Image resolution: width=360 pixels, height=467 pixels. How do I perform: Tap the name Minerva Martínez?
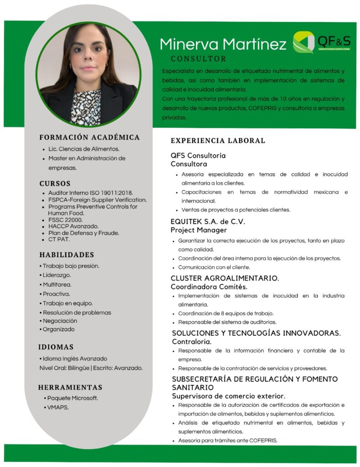point(223,44)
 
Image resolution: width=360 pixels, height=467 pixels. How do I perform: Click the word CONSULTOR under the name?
point(198,59)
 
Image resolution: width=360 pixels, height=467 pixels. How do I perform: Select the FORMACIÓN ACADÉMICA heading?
point(89,137)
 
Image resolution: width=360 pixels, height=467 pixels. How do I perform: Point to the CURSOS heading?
point(55,184)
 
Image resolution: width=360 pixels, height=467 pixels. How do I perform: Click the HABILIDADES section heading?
point(67,254)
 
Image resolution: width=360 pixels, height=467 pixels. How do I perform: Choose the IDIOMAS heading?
point(56,347)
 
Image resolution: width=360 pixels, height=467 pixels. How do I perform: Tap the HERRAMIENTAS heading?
point(70,387)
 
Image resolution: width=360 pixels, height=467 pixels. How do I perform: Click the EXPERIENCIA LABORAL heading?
point(218,140)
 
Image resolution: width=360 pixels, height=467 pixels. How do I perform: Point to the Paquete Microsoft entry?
point(72,398)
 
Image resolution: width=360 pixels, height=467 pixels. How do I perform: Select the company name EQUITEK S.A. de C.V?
point(208,222)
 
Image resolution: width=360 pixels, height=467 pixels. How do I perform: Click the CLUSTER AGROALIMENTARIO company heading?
point(225,278)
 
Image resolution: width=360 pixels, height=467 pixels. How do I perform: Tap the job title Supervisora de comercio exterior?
point(228,396)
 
